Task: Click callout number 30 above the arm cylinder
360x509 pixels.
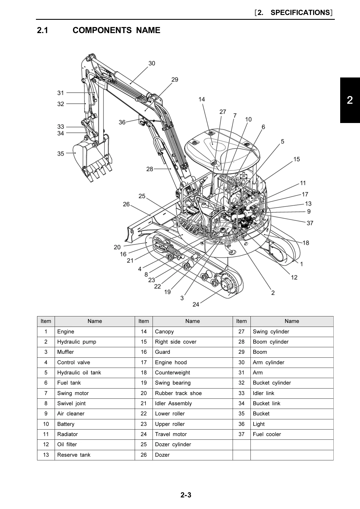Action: [x=152, y=63]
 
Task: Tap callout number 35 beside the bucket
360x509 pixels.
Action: [x=61, y=154]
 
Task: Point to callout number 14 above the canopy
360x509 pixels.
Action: [x=202, y=99]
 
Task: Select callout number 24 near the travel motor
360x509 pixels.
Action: [x=196, y=304]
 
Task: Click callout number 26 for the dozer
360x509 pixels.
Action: [x=126, y=204]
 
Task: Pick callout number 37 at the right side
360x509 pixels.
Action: [x=310, y=223]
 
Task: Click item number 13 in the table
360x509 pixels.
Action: [x=46, y=455]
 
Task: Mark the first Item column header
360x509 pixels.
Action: [x=46, y=321]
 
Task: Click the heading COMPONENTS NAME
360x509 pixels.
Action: [x=116, y=30]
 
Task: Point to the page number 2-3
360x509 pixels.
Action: [x=186, y=495]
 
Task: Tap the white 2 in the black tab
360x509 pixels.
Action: [x=350, y=100]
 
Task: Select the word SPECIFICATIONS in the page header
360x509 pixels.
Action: [x=300, y=12]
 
